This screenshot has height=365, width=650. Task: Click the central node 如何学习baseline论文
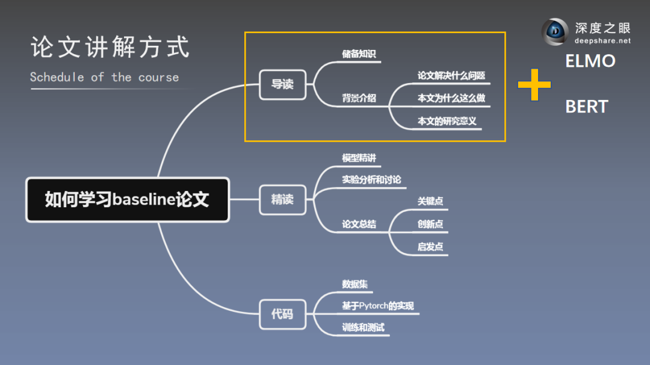pos(127,200)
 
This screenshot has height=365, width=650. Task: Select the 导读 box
pos(282,84)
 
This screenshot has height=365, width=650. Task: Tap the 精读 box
pos(282,199)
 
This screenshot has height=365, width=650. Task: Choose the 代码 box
pos(282,314)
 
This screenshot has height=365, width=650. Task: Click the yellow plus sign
pos(534,84)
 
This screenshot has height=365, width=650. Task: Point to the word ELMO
pos(590,61)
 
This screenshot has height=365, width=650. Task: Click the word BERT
pos(587,107)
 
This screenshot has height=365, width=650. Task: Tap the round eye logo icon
pos(555,32)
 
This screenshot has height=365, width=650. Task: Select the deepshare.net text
pos(601,41)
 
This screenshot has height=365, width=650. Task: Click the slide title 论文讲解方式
pos(110,48)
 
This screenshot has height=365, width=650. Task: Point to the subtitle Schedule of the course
pos(104,77)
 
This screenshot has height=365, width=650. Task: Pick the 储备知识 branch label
pos(359,54)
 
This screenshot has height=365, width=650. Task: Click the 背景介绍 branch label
pos(359,98)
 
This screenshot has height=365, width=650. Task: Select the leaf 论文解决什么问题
pos(451,76)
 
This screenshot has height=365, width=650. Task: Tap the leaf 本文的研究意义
pos(447,121)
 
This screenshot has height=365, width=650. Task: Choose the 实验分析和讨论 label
pos(371,179)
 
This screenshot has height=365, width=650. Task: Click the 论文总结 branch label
pos(359,224)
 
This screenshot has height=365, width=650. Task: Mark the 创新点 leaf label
pos(430,224)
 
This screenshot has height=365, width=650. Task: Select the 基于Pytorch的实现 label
pos(378,306)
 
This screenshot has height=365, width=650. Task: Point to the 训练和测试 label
pos(363,328)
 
